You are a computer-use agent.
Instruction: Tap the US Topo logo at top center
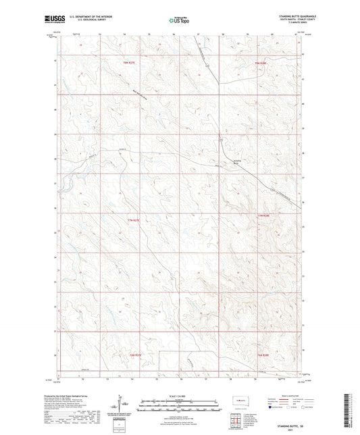(x=179, y=21)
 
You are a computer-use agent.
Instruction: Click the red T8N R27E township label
(x=131, y=63)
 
